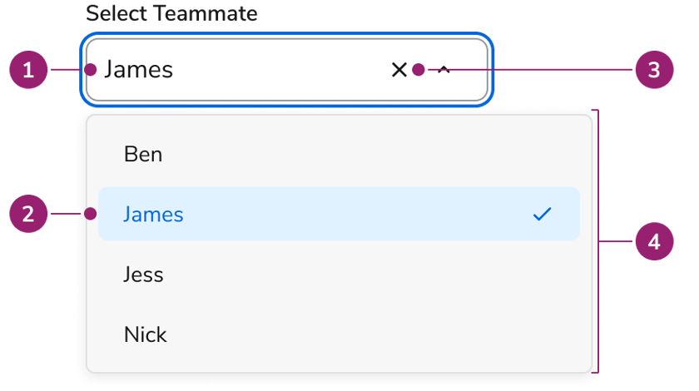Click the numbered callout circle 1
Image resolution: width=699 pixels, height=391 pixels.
point(28,70)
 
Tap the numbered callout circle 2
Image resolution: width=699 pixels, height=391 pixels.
point(28,214)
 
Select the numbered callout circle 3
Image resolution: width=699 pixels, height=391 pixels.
point(654,70)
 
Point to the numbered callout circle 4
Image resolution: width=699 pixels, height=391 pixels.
point(654,241)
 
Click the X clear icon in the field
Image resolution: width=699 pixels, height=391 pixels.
point(399,70)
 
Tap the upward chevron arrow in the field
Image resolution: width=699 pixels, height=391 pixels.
point(444,69)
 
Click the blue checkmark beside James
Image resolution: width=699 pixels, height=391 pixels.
point(542,214)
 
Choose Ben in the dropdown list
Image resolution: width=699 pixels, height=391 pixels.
point(143,154)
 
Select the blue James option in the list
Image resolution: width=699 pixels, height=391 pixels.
point(153,214)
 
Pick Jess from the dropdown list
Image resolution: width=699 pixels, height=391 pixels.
point(143,275)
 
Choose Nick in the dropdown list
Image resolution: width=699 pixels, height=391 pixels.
point(146,334)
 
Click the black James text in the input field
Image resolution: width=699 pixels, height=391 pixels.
point(139,70)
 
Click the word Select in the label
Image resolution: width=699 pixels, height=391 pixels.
point(116,13)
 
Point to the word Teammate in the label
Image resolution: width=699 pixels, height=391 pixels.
point(206,13)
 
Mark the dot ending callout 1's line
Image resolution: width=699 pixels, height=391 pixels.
point(91,70)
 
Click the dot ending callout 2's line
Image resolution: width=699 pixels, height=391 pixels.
point(91,214)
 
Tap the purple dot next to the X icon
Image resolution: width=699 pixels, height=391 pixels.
point(418,70)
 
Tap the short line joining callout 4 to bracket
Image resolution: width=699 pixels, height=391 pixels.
point(617,241)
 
